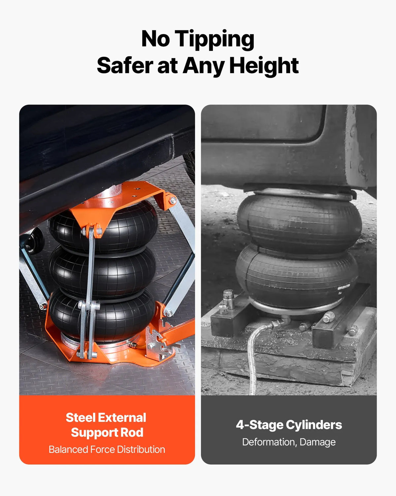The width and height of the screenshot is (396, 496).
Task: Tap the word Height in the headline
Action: tap(264, 66)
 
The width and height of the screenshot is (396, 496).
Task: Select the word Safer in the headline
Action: tap(125, 65)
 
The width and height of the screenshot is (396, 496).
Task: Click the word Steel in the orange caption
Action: tap(81, 417)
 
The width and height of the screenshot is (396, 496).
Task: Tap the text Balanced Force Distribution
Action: tap(107, 449)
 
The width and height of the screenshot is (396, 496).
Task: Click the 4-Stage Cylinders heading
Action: tap(289, 425)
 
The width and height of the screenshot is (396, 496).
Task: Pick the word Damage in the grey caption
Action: tap(317, 442)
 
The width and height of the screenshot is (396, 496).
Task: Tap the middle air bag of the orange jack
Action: tap(102, 272)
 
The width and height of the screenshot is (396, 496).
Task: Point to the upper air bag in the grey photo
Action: tap(299, 224)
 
